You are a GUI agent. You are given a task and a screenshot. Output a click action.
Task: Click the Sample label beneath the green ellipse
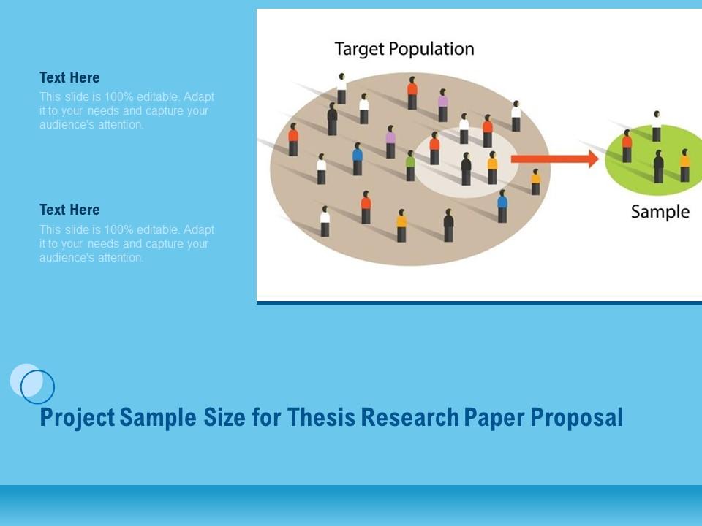click(x=660, y=212)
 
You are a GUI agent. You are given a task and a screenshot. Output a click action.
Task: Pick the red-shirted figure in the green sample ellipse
click(x=627, y=146)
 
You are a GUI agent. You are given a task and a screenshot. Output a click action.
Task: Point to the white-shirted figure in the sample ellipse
click(x=657, y=126)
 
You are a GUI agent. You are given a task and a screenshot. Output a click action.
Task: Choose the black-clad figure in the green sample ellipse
click(x=658, y=167)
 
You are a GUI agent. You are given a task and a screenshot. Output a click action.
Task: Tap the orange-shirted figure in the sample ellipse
click(x=684, y=166)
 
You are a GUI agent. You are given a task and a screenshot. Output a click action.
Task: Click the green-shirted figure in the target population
click(x=410, y=166)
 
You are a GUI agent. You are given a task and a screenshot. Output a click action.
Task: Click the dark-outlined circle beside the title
click(x=38, y=387)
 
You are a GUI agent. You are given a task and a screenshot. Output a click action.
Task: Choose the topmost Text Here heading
click(x=69, y=77)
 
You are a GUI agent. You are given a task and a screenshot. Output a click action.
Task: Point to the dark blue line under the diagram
click(x=479, y=302)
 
